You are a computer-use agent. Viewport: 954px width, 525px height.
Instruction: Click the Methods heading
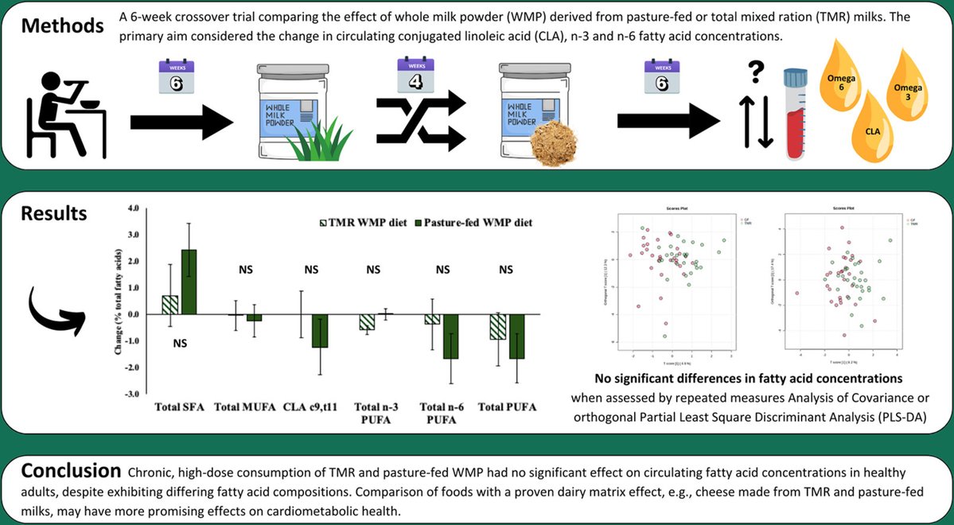62,25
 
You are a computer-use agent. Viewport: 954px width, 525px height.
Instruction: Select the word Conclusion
71,467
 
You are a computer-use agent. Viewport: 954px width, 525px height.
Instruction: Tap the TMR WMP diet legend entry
365,223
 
